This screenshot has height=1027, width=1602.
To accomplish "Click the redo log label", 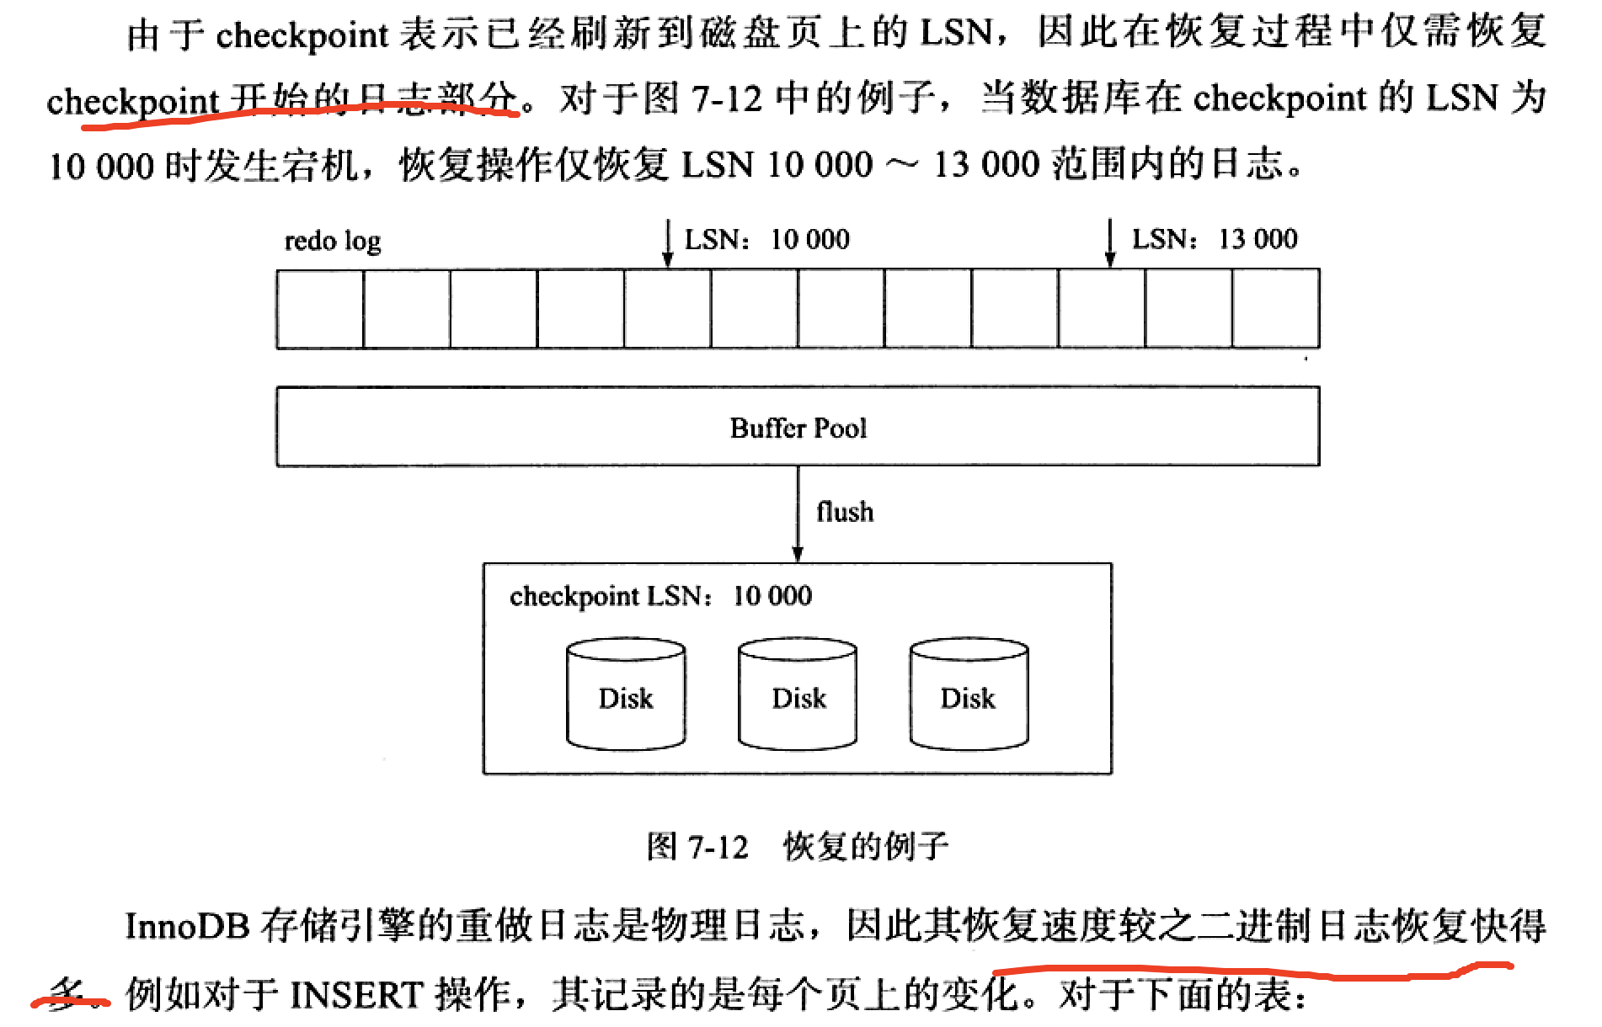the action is tap(333, 242).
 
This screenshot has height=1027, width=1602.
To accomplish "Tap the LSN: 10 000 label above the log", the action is tap(766, 240).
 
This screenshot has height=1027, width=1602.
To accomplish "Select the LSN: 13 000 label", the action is tap(1214, 239).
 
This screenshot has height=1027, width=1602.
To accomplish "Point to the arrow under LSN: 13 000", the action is tap(1110, 243).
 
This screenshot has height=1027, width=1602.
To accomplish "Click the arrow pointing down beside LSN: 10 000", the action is tap(668, 243).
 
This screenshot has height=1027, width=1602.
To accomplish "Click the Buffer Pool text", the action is tap(798, 428).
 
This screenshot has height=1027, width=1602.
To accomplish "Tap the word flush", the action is tap(845, 512).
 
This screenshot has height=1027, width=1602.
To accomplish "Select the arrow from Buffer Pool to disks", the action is tap(798, 513).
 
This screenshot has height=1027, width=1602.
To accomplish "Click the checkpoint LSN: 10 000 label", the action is tap(660, 596).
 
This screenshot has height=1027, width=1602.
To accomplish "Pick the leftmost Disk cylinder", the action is tap(626, 694).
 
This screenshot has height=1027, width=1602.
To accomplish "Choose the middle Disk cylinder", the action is tap(798, 694).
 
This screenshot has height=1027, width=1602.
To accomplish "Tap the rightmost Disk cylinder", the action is tap(969, 694).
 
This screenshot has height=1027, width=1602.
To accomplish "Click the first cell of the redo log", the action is tap(320, 309).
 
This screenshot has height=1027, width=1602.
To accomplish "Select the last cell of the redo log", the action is tap(1275, 309).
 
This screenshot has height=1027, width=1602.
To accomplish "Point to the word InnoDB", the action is tap(187, 927).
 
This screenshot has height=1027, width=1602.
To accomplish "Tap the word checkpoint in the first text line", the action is tap(302, 35).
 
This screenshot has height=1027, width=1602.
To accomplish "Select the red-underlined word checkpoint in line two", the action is tap(132, 102).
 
